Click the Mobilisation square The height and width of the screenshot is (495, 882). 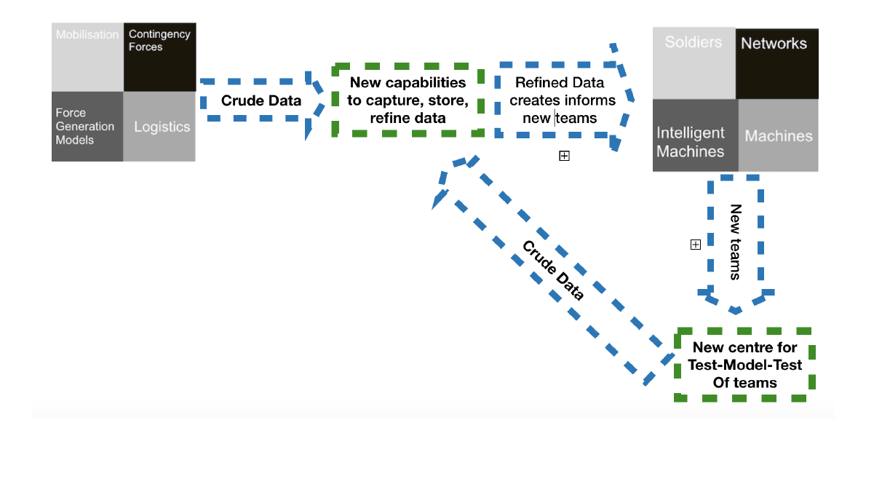[x=87, y=57]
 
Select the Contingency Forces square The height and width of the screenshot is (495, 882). [x=159, y=57]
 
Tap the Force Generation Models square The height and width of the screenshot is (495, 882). [x=87, y=126]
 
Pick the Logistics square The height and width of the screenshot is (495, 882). [x=159, y=126]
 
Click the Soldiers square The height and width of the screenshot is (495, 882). [x=694, y=63]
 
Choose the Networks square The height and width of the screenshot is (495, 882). [x=776, y=63]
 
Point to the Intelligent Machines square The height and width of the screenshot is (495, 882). [x=695, y=135]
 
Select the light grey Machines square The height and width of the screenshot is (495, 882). [x=778, y=135]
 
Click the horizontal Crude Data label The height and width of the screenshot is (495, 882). [x=261, y=100]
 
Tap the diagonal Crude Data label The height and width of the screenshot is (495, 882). [x=553, y=270]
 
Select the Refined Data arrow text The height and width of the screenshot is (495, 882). [x=559, y=100]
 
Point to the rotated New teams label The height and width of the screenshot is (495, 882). [x=735, y=242]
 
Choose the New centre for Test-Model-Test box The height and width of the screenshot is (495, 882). [x=744, y=365]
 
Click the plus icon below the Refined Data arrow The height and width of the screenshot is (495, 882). [x=564, y=156]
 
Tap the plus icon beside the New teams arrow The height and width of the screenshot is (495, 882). [x=695, y=245]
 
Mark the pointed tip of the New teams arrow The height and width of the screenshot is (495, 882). [x=736, y=311]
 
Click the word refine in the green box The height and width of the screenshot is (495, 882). [x=390, y=118]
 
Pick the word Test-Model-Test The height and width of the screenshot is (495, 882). [x=744, y=365]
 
